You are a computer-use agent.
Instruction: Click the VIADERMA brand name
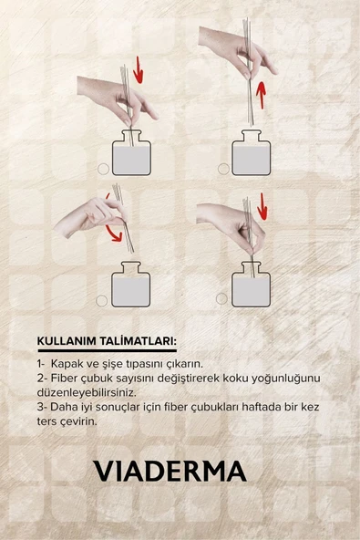pyautogui.click(x=170, y=471)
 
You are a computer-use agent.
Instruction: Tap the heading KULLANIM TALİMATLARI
pyautogui.click(x=107, y=342)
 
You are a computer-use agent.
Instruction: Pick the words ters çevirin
pyautogui.click(x=68, y=421)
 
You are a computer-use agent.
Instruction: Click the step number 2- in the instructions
pyautogui.click(x=43, y=378)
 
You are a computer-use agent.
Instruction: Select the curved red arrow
pyautogui.click(x=113, y=224)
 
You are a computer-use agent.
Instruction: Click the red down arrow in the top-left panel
pyautogui.click(x=139, y=68)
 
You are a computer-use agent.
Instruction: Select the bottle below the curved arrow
pyautogui.click(x=129, y=286)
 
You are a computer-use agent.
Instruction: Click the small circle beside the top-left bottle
pyautogui.click(x=103, y=169)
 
